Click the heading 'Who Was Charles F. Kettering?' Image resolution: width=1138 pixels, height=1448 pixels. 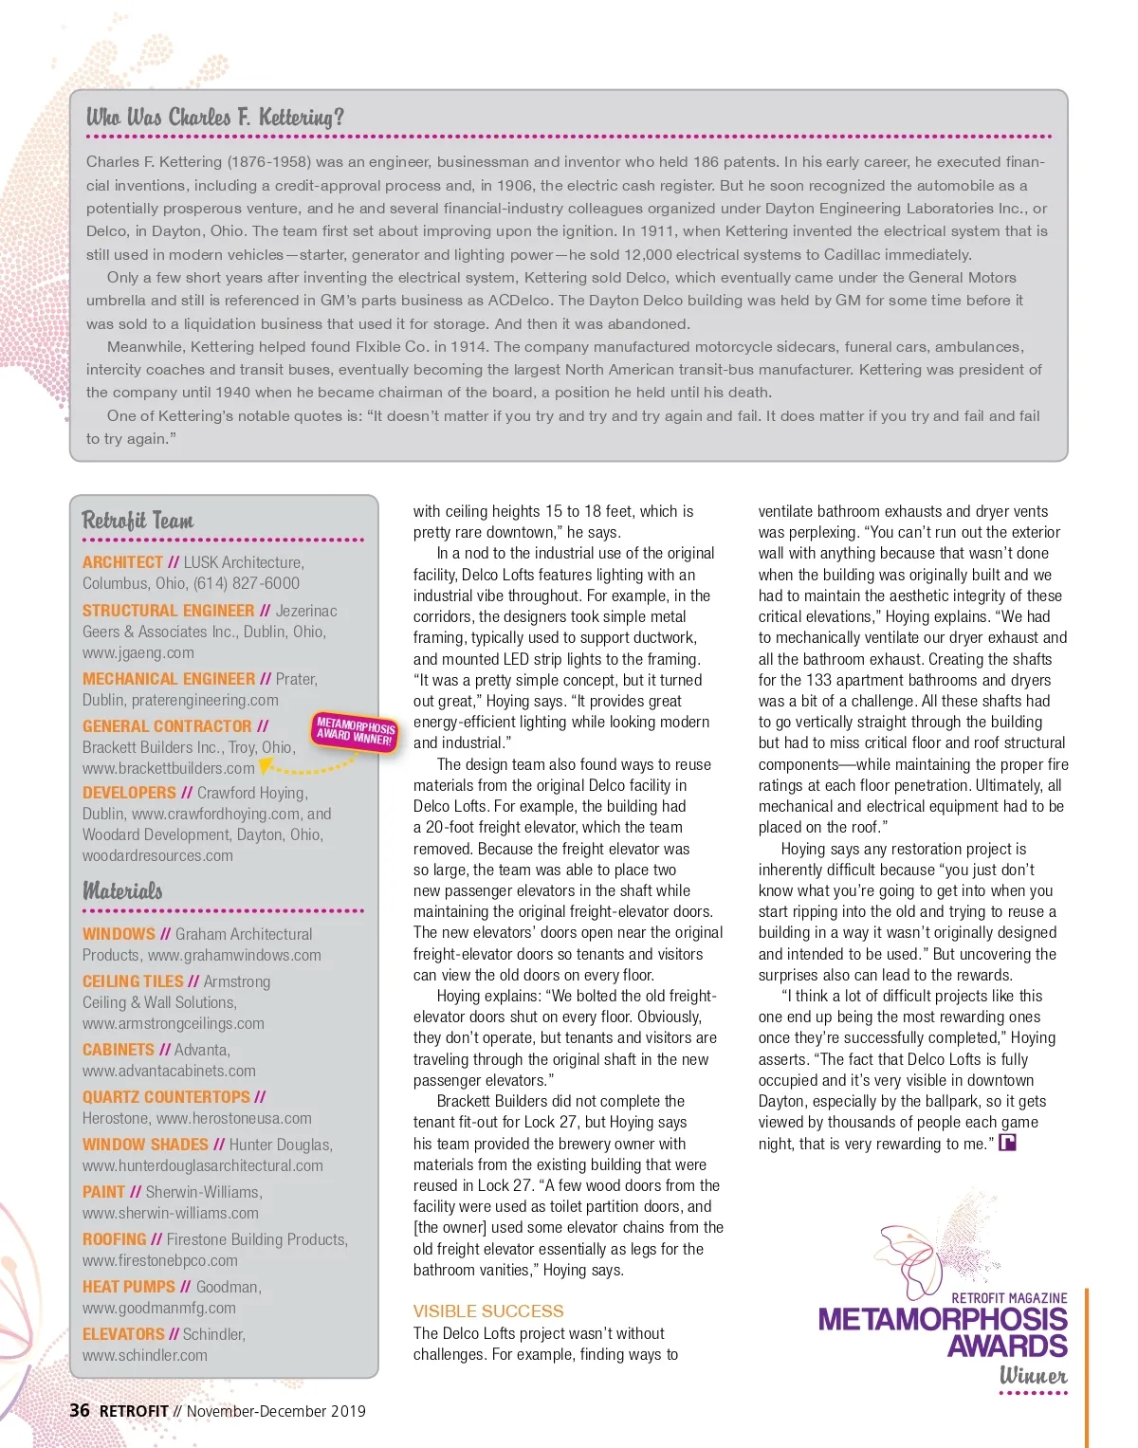click(215, 117)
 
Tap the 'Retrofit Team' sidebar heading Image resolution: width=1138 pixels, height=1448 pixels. click(138, 520)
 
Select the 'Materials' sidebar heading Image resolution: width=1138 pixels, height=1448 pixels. click(122, 890)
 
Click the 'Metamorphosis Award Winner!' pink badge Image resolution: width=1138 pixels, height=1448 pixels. click(356, 730)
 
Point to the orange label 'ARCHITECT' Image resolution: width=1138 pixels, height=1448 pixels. click(122, 562)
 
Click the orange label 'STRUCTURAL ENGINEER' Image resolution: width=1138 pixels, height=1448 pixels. click(168, 611)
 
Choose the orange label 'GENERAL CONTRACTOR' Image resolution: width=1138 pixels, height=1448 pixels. click(167, 726)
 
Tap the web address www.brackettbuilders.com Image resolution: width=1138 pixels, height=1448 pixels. click(169, 768)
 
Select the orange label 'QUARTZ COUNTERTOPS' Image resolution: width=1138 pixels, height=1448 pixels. click(166, 1097)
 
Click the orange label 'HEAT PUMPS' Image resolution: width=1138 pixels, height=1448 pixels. click(129, 1287)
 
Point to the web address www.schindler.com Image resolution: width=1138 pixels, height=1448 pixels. click(145, 1355)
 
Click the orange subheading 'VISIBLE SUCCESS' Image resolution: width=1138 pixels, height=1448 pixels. click(488, 1311)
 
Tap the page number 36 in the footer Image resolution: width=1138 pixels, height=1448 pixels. click(80, 1410)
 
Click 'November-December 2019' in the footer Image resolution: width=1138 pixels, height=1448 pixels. click(276, 1411)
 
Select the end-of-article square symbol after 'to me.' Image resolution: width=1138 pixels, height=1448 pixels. click(1007, 1143)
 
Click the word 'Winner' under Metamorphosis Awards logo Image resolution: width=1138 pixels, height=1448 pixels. click(1033, 1375)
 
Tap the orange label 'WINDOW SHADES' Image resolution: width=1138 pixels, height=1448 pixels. click(145, 1145)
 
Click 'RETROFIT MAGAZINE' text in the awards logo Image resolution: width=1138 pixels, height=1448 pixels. click(1009, 1297)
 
